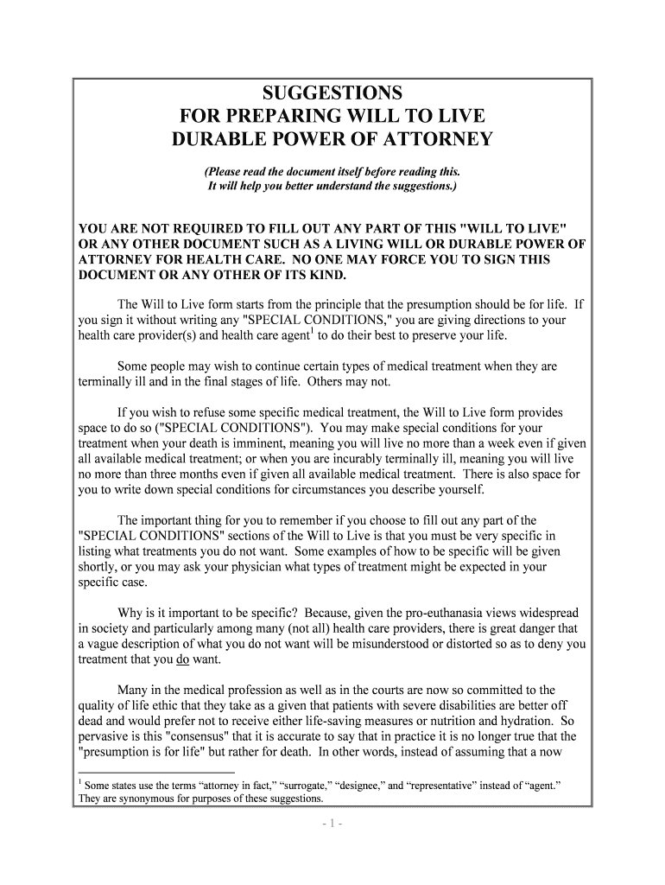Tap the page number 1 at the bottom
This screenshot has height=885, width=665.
point(332,824)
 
